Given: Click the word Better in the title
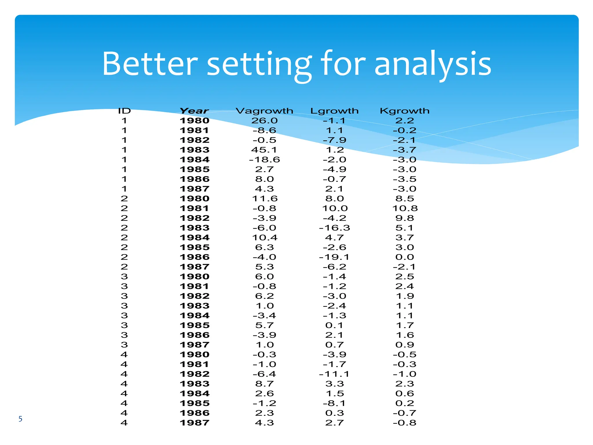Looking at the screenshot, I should (x=150, y=63).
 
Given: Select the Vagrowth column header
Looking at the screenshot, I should (x=264, y=111).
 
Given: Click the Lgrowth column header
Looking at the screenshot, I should (x=334, y=111).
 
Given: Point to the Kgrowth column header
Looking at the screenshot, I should (x=405, y=111).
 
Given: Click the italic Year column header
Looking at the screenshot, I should (x=194, y=111).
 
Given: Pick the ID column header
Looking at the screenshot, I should (x=125, y=111).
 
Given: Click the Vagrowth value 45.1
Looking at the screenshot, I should (x=264, y=150).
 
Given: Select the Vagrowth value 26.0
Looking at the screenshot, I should (x=264, y=121).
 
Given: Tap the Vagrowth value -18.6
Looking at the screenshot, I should (x=264, y=160).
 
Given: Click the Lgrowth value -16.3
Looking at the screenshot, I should (x=334, y=228).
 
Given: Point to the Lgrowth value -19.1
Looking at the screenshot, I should (x=334, y=257).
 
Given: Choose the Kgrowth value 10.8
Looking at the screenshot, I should (x=405, y=209).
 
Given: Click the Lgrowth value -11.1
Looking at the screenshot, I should (x=334, y=374).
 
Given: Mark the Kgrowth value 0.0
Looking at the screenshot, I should (x=405, y=257).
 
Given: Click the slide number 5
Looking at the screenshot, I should (x=20, y=419).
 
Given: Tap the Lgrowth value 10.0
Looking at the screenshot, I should (x=335, y=209).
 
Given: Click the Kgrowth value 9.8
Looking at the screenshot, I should (x=405, y=218).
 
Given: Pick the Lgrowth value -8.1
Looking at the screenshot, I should (x=334, y=403).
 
